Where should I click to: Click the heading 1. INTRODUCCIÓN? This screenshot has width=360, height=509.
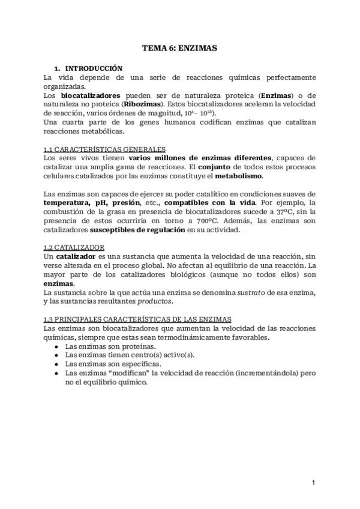(89, 68)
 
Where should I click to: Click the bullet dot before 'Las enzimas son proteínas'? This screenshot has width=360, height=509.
(56, 346)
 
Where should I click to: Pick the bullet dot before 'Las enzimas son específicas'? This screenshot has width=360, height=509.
(56, 364)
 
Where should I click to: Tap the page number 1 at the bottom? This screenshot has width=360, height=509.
(313, 482)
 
